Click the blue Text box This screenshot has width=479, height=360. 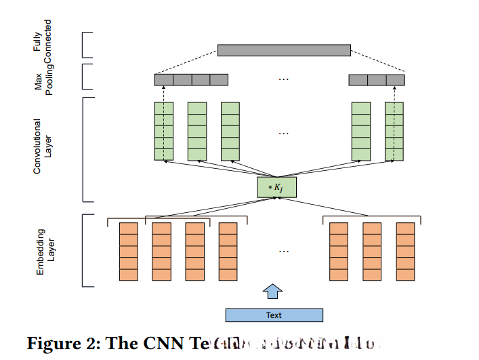pos(274,315)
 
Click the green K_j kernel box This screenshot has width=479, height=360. pos(277,187)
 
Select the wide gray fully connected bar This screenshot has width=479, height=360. pos(284,50)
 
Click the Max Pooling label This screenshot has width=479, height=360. pos(44,77)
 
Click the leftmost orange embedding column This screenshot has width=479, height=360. pos(128,252)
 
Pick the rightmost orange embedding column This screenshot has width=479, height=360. pos(406,252)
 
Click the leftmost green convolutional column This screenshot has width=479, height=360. pos(164,131)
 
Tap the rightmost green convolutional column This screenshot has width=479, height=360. pos(394,131)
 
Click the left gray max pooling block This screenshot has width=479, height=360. pos(191,80)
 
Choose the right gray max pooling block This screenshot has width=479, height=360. pos(377,80)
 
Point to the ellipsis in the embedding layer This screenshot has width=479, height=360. pos(284,252)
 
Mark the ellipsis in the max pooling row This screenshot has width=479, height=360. pos(284,79)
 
